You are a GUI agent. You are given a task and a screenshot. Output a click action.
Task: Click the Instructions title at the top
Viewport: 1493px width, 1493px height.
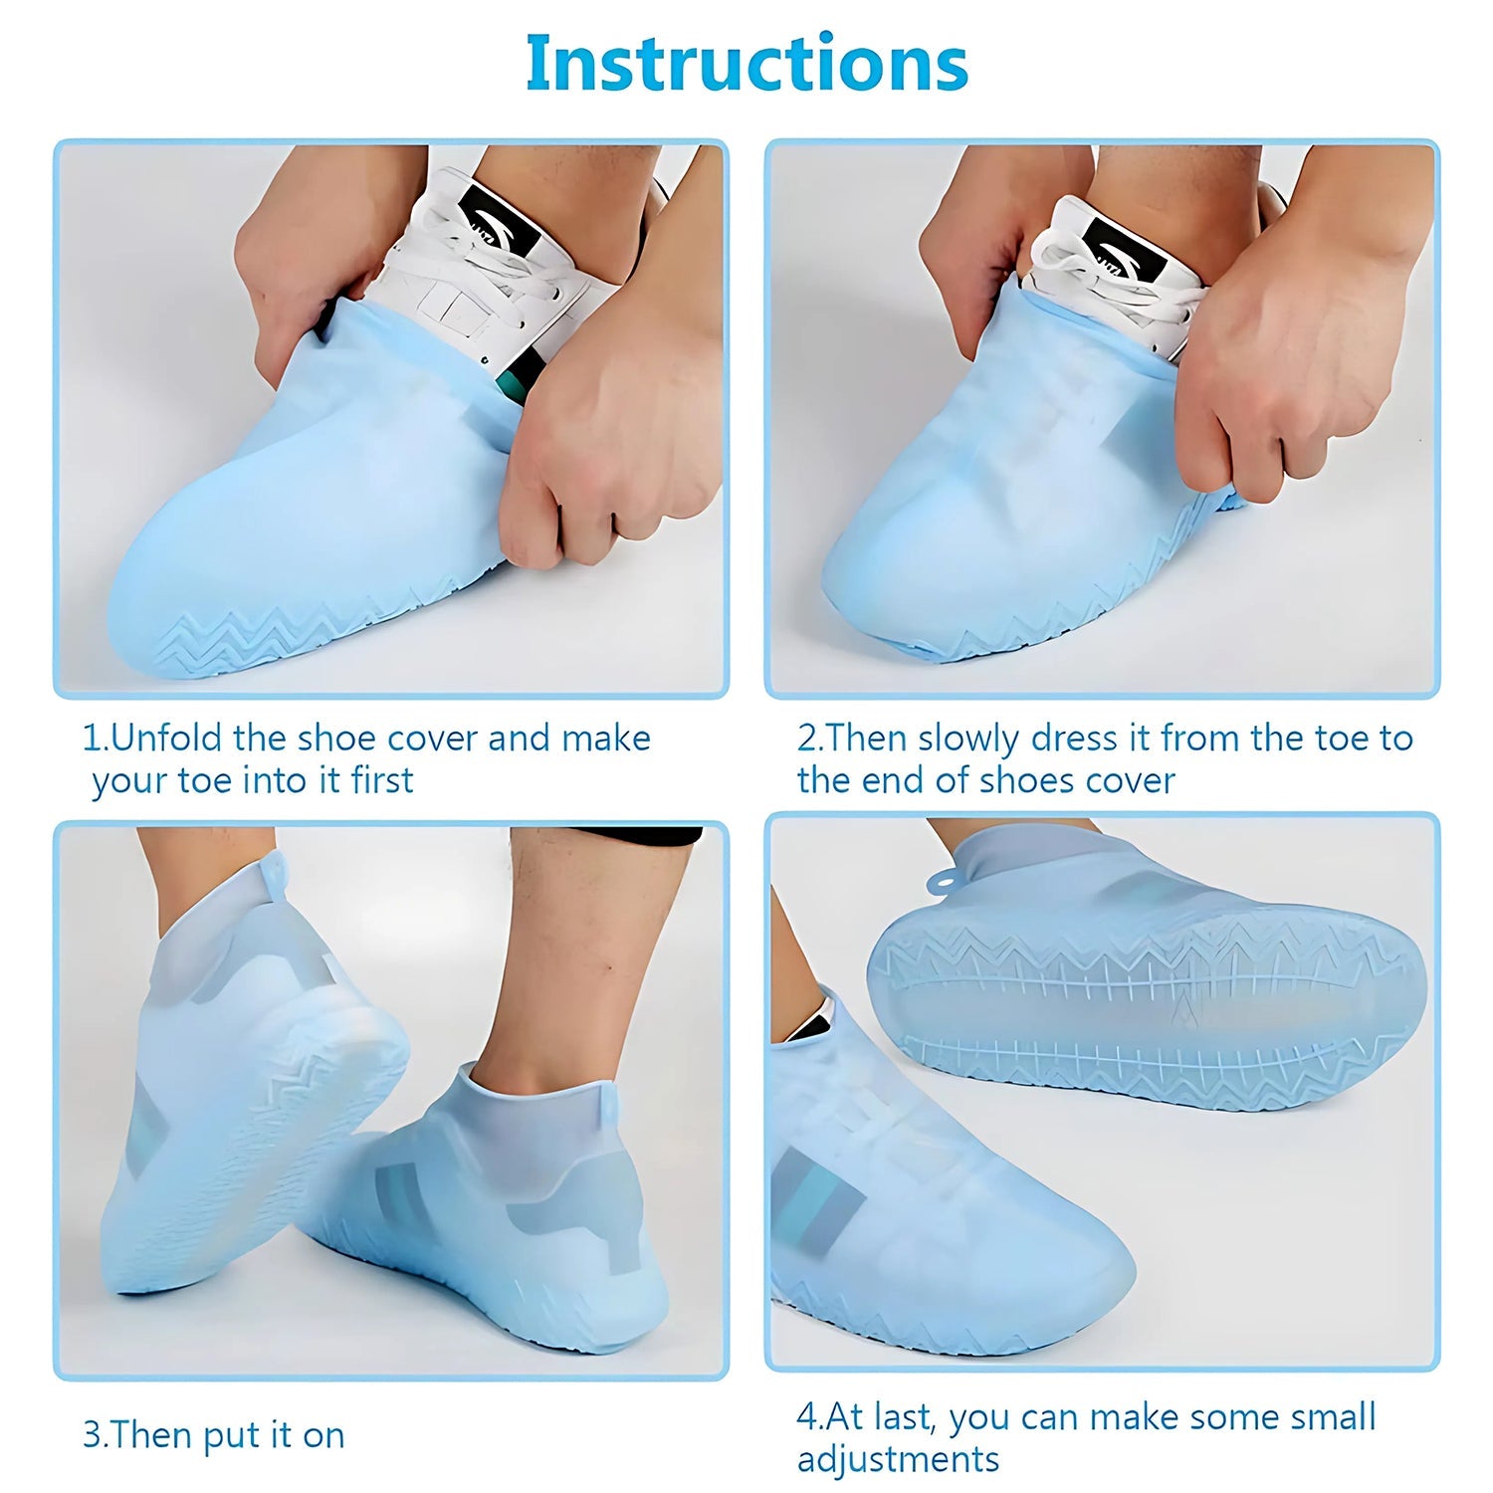click(x=746, y=63)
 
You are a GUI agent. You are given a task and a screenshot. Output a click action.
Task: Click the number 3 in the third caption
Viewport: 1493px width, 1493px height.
click(x=91, y=1435)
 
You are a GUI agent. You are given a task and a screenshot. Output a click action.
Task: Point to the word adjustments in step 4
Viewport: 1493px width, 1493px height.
click(x=898, y=1459)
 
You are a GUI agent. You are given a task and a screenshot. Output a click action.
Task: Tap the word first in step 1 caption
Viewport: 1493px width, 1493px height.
click(x=382, y=780)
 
